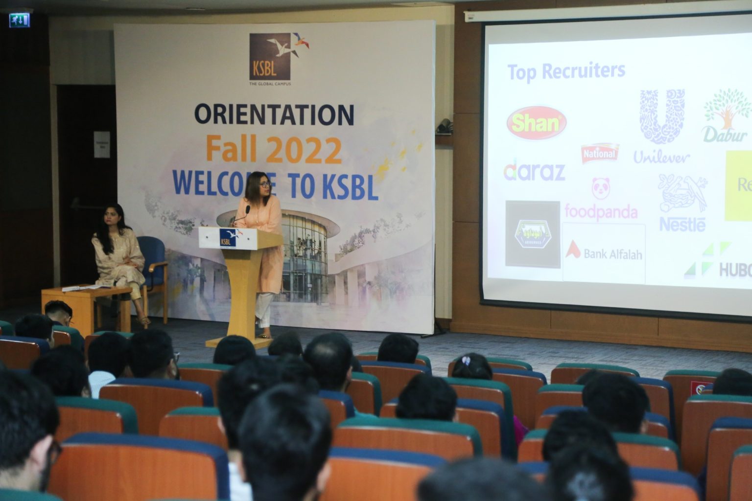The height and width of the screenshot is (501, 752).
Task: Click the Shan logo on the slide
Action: click(x=537, y=123)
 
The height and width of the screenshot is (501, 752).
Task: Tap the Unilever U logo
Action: click(x=662, y=116)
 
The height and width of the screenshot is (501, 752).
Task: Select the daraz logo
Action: click(x=534, y=169)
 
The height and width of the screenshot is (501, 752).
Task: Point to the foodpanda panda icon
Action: click(x=601, y=188)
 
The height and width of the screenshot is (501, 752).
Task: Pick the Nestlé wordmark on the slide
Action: click(x=682, y=225)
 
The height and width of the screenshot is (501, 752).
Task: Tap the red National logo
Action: click(x=600, y=154)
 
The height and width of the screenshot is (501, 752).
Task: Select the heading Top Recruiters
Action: click(x=566, y=71)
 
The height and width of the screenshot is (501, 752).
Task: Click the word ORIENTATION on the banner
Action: click(x=274, y=114)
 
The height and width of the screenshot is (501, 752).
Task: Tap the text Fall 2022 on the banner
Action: click(x=274, y=150)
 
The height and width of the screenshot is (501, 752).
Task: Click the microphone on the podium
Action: click(x=246, y=210)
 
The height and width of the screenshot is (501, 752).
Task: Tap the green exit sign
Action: click(x=19, y=20)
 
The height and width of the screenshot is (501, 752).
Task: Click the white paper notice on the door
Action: click(x=102, y=144)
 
